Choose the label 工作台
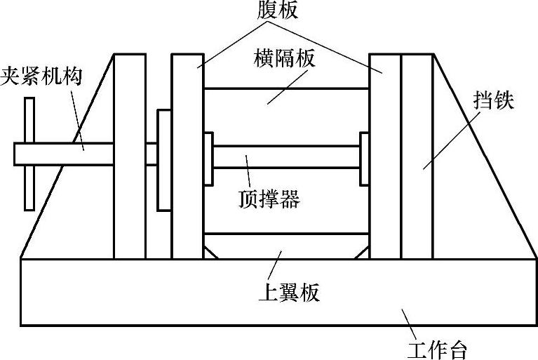point(438,349)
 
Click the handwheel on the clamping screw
point(29,154)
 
